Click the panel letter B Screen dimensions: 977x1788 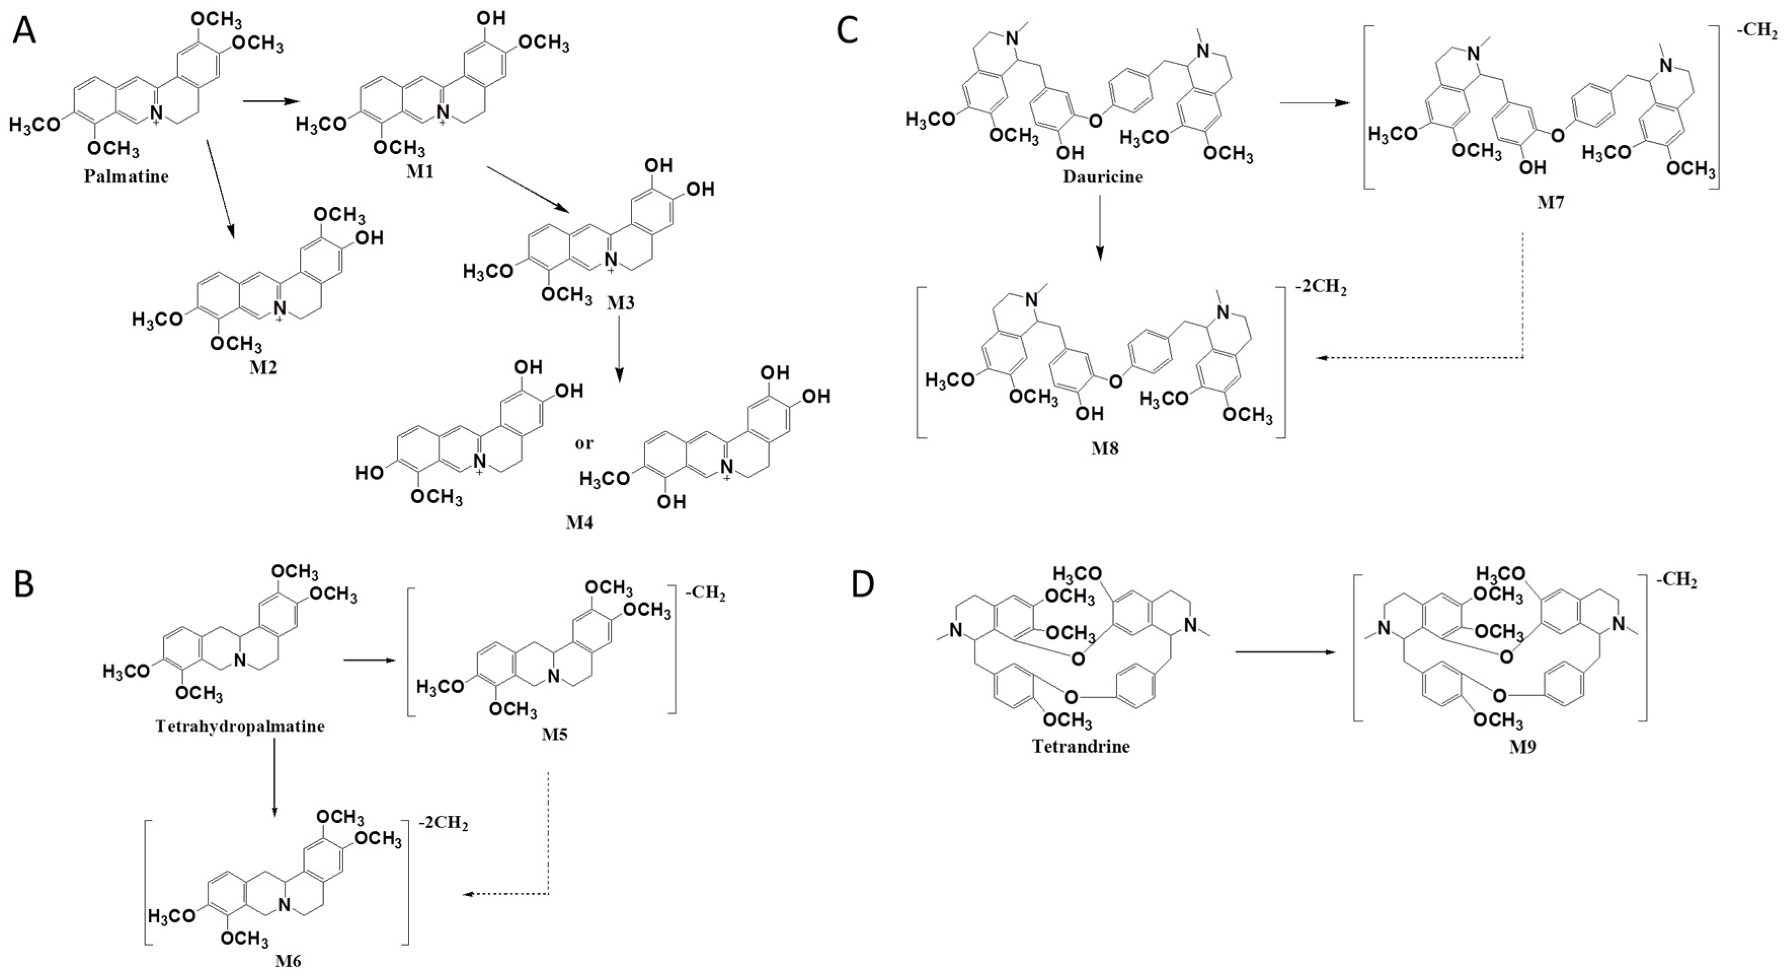point(24,585)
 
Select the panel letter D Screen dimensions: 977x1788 point(863,585)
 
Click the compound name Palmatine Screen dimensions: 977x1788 point(126,176)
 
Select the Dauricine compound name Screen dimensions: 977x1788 point(1102,176)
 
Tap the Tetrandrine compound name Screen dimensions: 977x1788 point(1081,747)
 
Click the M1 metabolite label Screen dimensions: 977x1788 point(420,171)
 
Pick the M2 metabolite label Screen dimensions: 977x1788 point(263,367)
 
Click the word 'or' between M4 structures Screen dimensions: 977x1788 point(584,443)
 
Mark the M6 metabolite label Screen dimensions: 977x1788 point(287,962)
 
